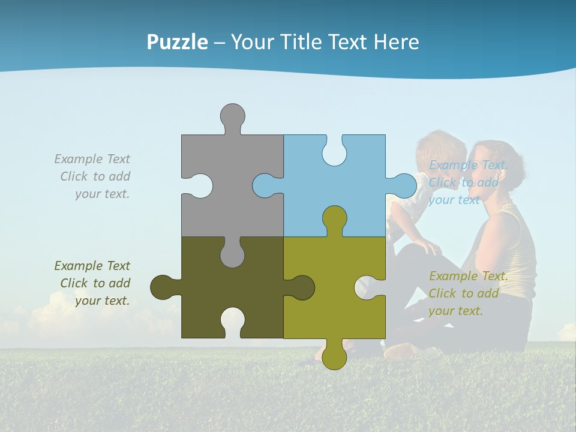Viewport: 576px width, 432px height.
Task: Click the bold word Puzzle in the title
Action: tap(178, 42)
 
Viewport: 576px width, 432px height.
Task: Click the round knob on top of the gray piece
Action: tap(232, 116)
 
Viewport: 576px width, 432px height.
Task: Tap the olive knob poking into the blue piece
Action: tap(334, 218)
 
